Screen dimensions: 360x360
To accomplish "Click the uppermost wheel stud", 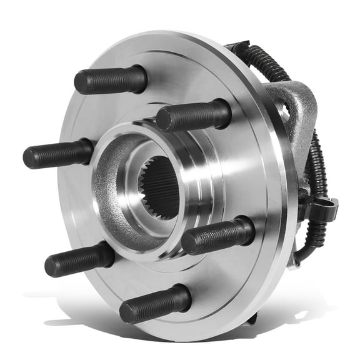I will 110,79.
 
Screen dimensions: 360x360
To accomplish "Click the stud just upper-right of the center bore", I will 193,116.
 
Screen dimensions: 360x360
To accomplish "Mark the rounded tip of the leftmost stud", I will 29,157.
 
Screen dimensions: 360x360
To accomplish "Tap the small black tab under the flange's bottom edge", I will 251,319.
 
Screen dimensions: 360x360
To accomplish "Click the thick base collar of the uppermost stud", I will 134,77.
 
